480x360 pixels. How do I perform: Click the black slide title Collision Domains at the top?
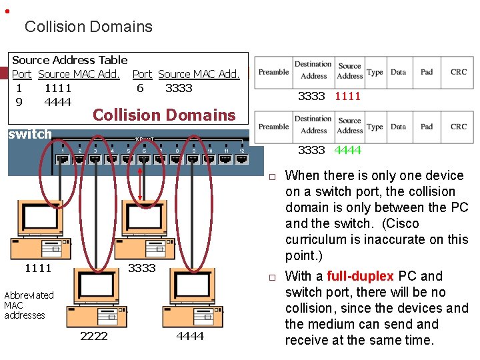pos(88,27)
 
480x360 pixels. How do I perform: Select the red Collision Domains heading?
pos(164,115)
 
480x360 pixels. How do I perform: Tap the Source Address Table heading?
pos(70,60)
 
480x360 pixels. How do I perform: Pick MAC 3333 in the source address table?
pos(178,88)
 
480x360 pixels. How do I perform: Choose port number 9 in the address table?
pos(19,102)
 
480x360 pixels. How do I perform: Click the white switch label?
pos(29,134)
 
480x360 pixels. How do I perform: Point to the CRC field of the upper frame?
pos(458,72)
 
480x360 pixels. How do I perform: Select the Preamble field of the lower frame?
pos(273,127)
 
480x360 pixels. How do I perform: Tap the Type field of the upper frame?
pos(375,72)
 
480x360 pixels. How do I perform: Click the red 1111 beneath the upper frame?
pos(347,96)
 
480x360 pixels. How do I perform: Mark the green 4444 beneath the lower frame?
pos(347,150)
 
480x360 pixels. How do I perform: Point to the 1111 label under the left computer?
pos(38,268)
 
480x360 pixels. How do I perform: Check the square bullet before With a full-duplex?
pos(272,277)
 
